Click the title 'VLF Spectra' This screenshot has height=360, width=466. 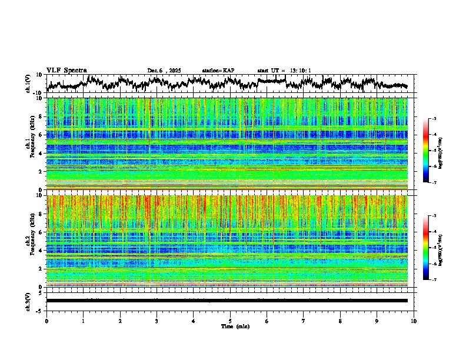pyautogui.click(x=66, y=70)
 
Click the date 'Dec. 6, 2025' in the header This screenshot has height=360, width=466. pyautogui.click(x=166, y=71)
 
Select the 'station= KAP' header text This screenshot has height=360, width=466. pyautogui.click(x=218, y=71)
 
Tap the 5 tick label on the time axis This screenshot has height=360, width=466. pyautogui.click(x=230, y=320)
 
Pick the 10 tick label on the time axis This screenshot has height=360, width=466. pyautogui.click(x=414, y=320)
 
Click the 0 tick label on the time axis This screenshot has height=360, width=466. pyautogui.click(x=46, y=320)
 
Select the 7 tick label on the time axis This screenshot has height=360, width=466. pyautogui.click(x=304, y=320)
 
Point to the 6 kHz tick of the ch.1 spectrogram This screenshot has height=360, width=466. pyautogui.click(x=40, y=135)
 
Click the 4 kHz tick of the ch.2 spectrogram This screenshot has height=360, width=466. pyautogui.click(x=40, y=250)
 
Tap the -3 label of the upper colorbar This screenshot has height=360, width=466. pyautogui.click(x=434, y=119)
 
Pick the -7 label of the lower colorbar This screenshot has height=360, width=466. pyautogui.click(x=434, y=279)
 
